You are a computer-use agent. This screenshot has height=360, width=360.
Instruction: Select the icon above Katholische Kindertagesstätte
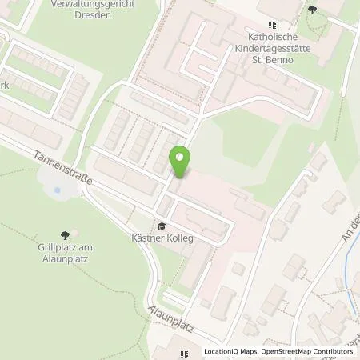tap(272, 10)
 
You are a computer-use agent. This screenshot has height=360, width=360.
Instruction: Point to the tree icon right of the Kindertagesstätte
tap(312, 10)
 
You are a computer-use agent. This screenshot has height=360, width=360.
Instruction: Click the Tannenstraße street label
tap(64, 167)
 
